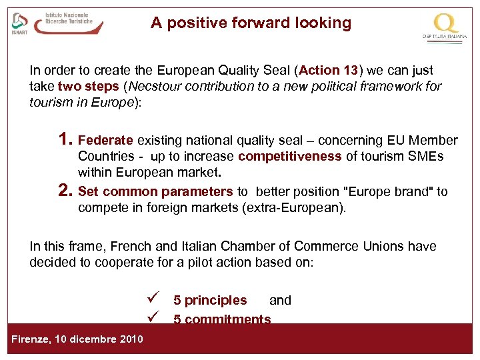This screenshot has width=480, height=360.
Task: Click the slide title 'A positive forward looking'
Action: [x=251, y=23]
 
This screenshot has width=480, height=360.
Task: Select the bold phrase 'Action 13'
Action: [x=329, y=70]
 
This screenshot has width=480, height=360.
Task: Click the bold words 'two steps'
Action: [x=89, y=86]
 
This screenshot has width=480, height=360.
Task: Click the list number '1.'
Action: [x=65, y=140]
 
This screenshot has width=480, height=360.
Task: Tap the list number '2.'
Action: [x=65, y=191]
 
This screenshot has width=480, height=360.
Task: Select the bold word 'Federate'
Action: [x=106, y=141]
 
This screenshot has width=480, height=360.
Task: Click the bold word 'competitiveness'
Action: [x=289, y=157]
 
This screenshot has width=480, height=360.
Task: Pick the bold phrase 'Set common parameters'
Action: [x=155, y=192]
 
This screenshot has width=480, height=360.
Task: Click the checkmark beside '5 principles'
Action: [x=152, y=299]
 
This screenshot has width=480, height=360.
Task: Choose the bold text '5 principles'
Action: [x=210, y=301]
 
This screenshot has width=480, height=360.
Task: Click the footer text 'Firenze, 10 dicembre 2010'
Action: [x=77, y=339]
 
